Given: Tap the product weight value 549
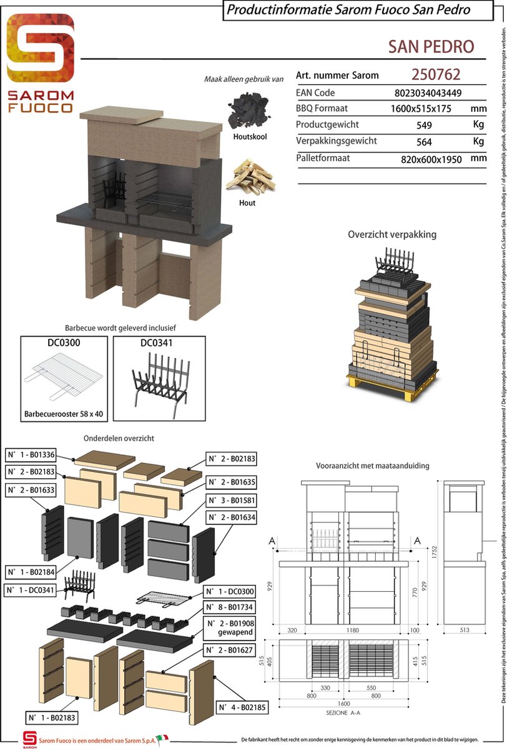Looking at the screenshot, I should click(x=424, y=125).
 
